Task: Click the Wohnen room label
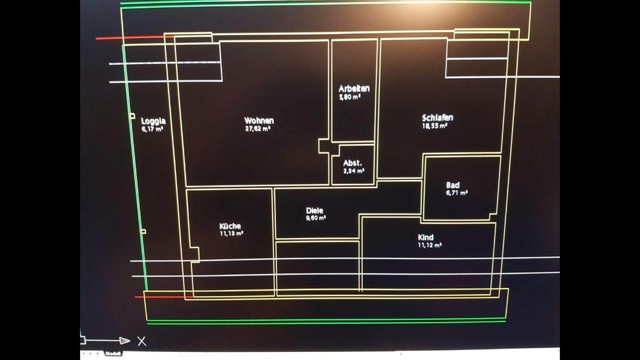click(259, 121)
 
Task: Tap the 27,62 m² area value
click(257, 129)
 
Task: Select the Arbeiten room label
click(354, 89)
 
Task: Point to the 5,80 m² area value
click(350, 97)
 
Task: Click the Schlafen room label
click(437, 118)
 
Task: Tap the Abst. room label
click(353, 163)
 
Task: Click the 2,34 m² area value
click(354, 171)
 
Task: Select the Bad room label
click(453, 185)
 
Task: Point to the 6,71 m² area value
click(457, 193)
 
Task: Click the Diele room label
click(315, 209)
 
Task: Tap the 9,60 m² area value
click(316, 217)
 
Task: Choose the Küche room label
click(230, 226)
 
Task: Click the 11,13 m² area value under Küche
click(231, 233)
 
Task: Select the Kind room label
click(426, 237)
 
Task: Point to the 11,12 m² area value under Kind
click(430, 245)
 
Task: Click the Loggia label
click(153, 121)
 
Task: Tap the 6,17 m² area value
click(153, 129)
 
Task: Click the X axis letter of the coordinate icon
click(141, 341)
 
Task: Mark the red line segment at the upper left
click(130, 38)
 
